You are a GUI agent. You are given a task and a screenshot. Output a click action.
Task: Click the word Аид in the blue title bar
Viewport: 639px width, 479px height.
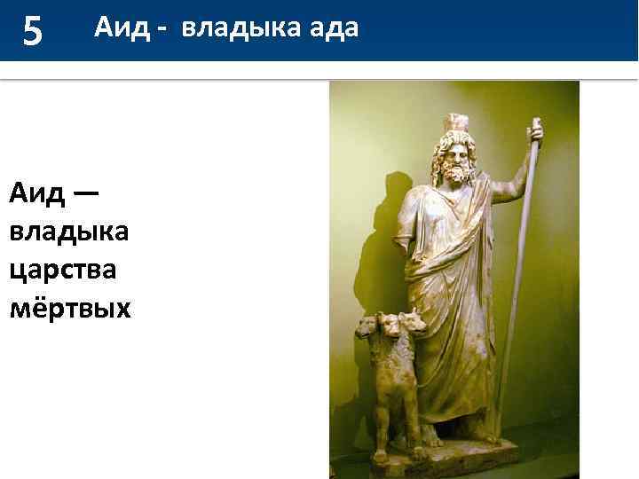coord(119,29)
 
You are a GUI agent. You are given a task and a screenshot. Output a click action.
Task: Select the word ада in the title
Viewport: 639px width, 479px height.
coord(334,29)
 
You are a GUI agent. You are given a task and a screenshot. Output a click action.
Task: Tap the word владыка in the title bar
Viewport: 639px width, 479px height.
coord(233,29)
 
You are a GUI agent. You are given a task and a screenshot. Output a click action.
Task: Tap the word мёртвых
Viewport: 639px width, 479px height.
coord(69,308)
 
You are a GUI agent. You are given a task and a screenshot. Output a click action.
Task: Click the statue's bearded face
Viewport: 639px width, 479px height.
coord(454,160)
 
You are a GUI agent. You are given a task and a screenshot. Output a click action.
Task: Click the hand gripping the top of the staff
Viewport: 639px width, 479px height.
coord(534,134)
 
